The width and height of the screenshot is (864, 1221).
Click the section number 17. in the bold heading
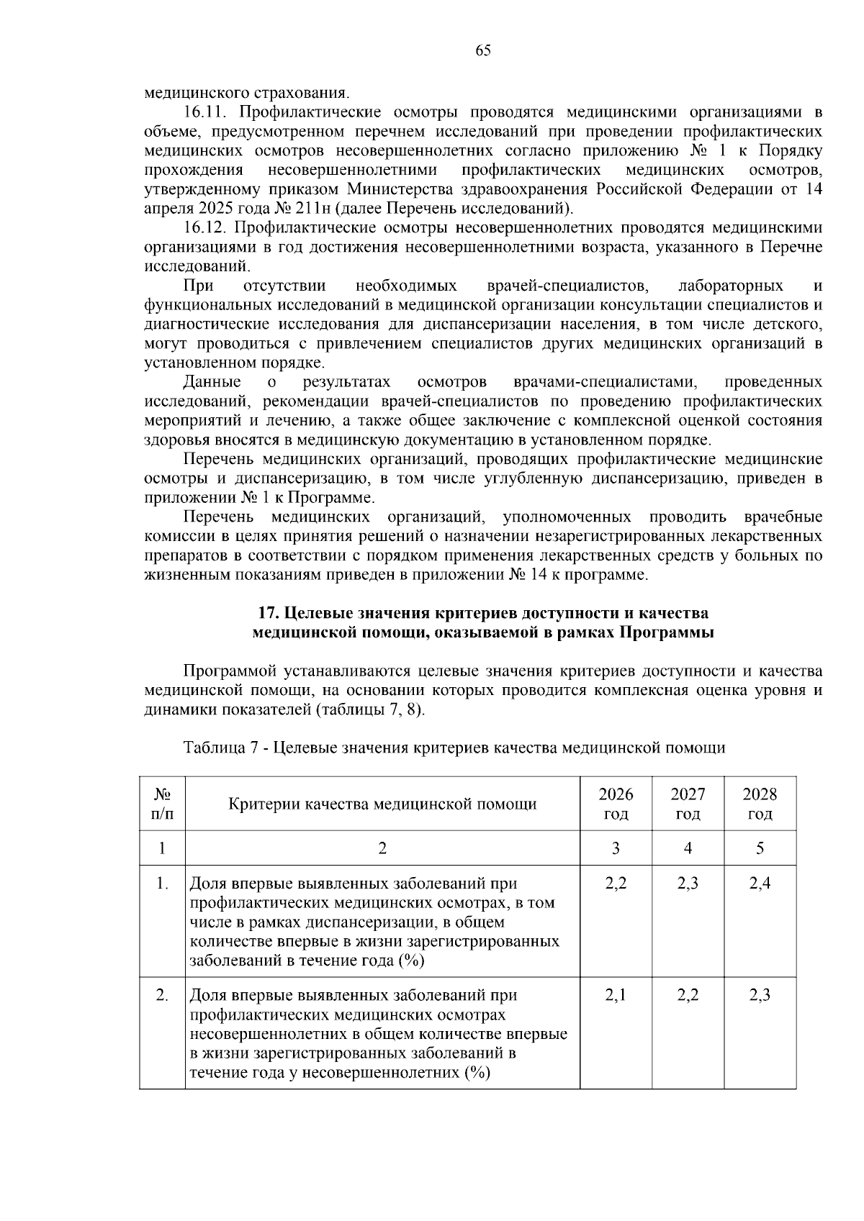coord(269,613)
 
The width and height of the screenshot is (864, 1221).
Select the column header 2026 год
coord(616,804)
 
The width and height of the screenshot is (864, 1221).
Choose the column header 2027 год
coord(688,804)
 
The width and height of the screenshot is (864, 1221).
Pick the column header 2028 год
coord(760,804)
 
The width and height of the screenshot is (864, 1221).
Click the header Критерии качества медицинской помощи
coord(382,804)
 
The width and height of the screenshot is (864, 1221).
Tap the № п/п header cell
coord(162,804)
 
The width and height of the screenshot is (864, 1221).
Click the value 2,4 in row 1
coord(760,884)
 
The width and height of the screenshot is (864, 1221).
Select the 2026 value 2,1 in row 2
coord(616,996)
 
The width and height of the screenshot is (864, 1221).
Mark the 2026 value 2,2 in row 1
coord(616,884)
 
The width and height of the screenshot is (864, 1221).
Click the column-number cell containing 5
coord(760,848)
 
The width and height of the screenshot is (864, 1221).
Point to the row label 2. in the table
coord(162,996)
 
